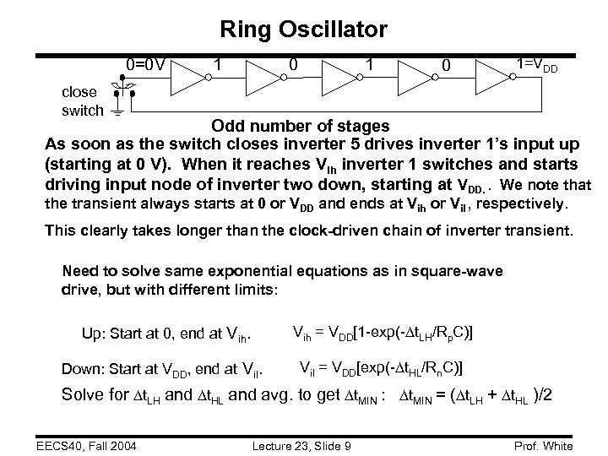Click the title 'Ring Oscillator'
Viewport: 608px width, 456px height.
click(303, 30)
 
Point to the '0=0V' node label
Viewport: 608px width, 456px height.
click(145, 62)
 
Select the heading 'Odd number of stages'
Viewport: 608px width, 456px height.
click(300, 125)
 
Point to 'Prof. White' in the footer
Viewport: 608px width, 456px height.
click(541, 445)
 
